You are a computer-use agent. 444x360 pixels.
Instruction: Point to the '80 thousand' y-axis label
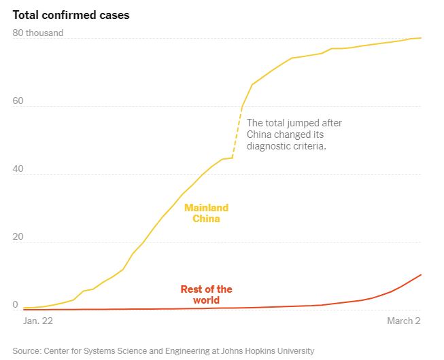click(39, 33)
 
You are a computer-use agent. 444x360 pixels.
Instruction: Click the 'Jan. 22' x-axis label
click(38, 320)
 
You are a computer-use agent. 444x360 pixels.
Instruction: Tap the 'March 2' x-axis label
click(404, 320)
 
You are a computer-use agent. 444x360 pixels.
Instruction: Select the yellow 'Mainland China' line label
click(206, 213)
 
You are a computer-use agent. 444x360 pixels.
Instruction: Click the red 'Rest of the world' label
click(206, 294)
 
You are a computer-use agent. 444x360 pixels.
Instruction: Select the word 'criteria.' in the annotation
click(309, 146)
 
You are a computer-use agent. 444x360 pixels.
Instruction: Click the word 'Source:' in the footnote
click(27, 350)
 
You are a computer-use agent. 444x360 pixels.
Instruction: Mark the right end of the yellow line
click(422, 38)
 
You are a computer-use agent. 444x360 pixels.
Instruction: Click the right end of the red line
click(422, 274)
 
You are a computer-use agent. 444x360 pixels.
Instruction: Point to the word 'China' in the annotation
click(260, 134)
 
